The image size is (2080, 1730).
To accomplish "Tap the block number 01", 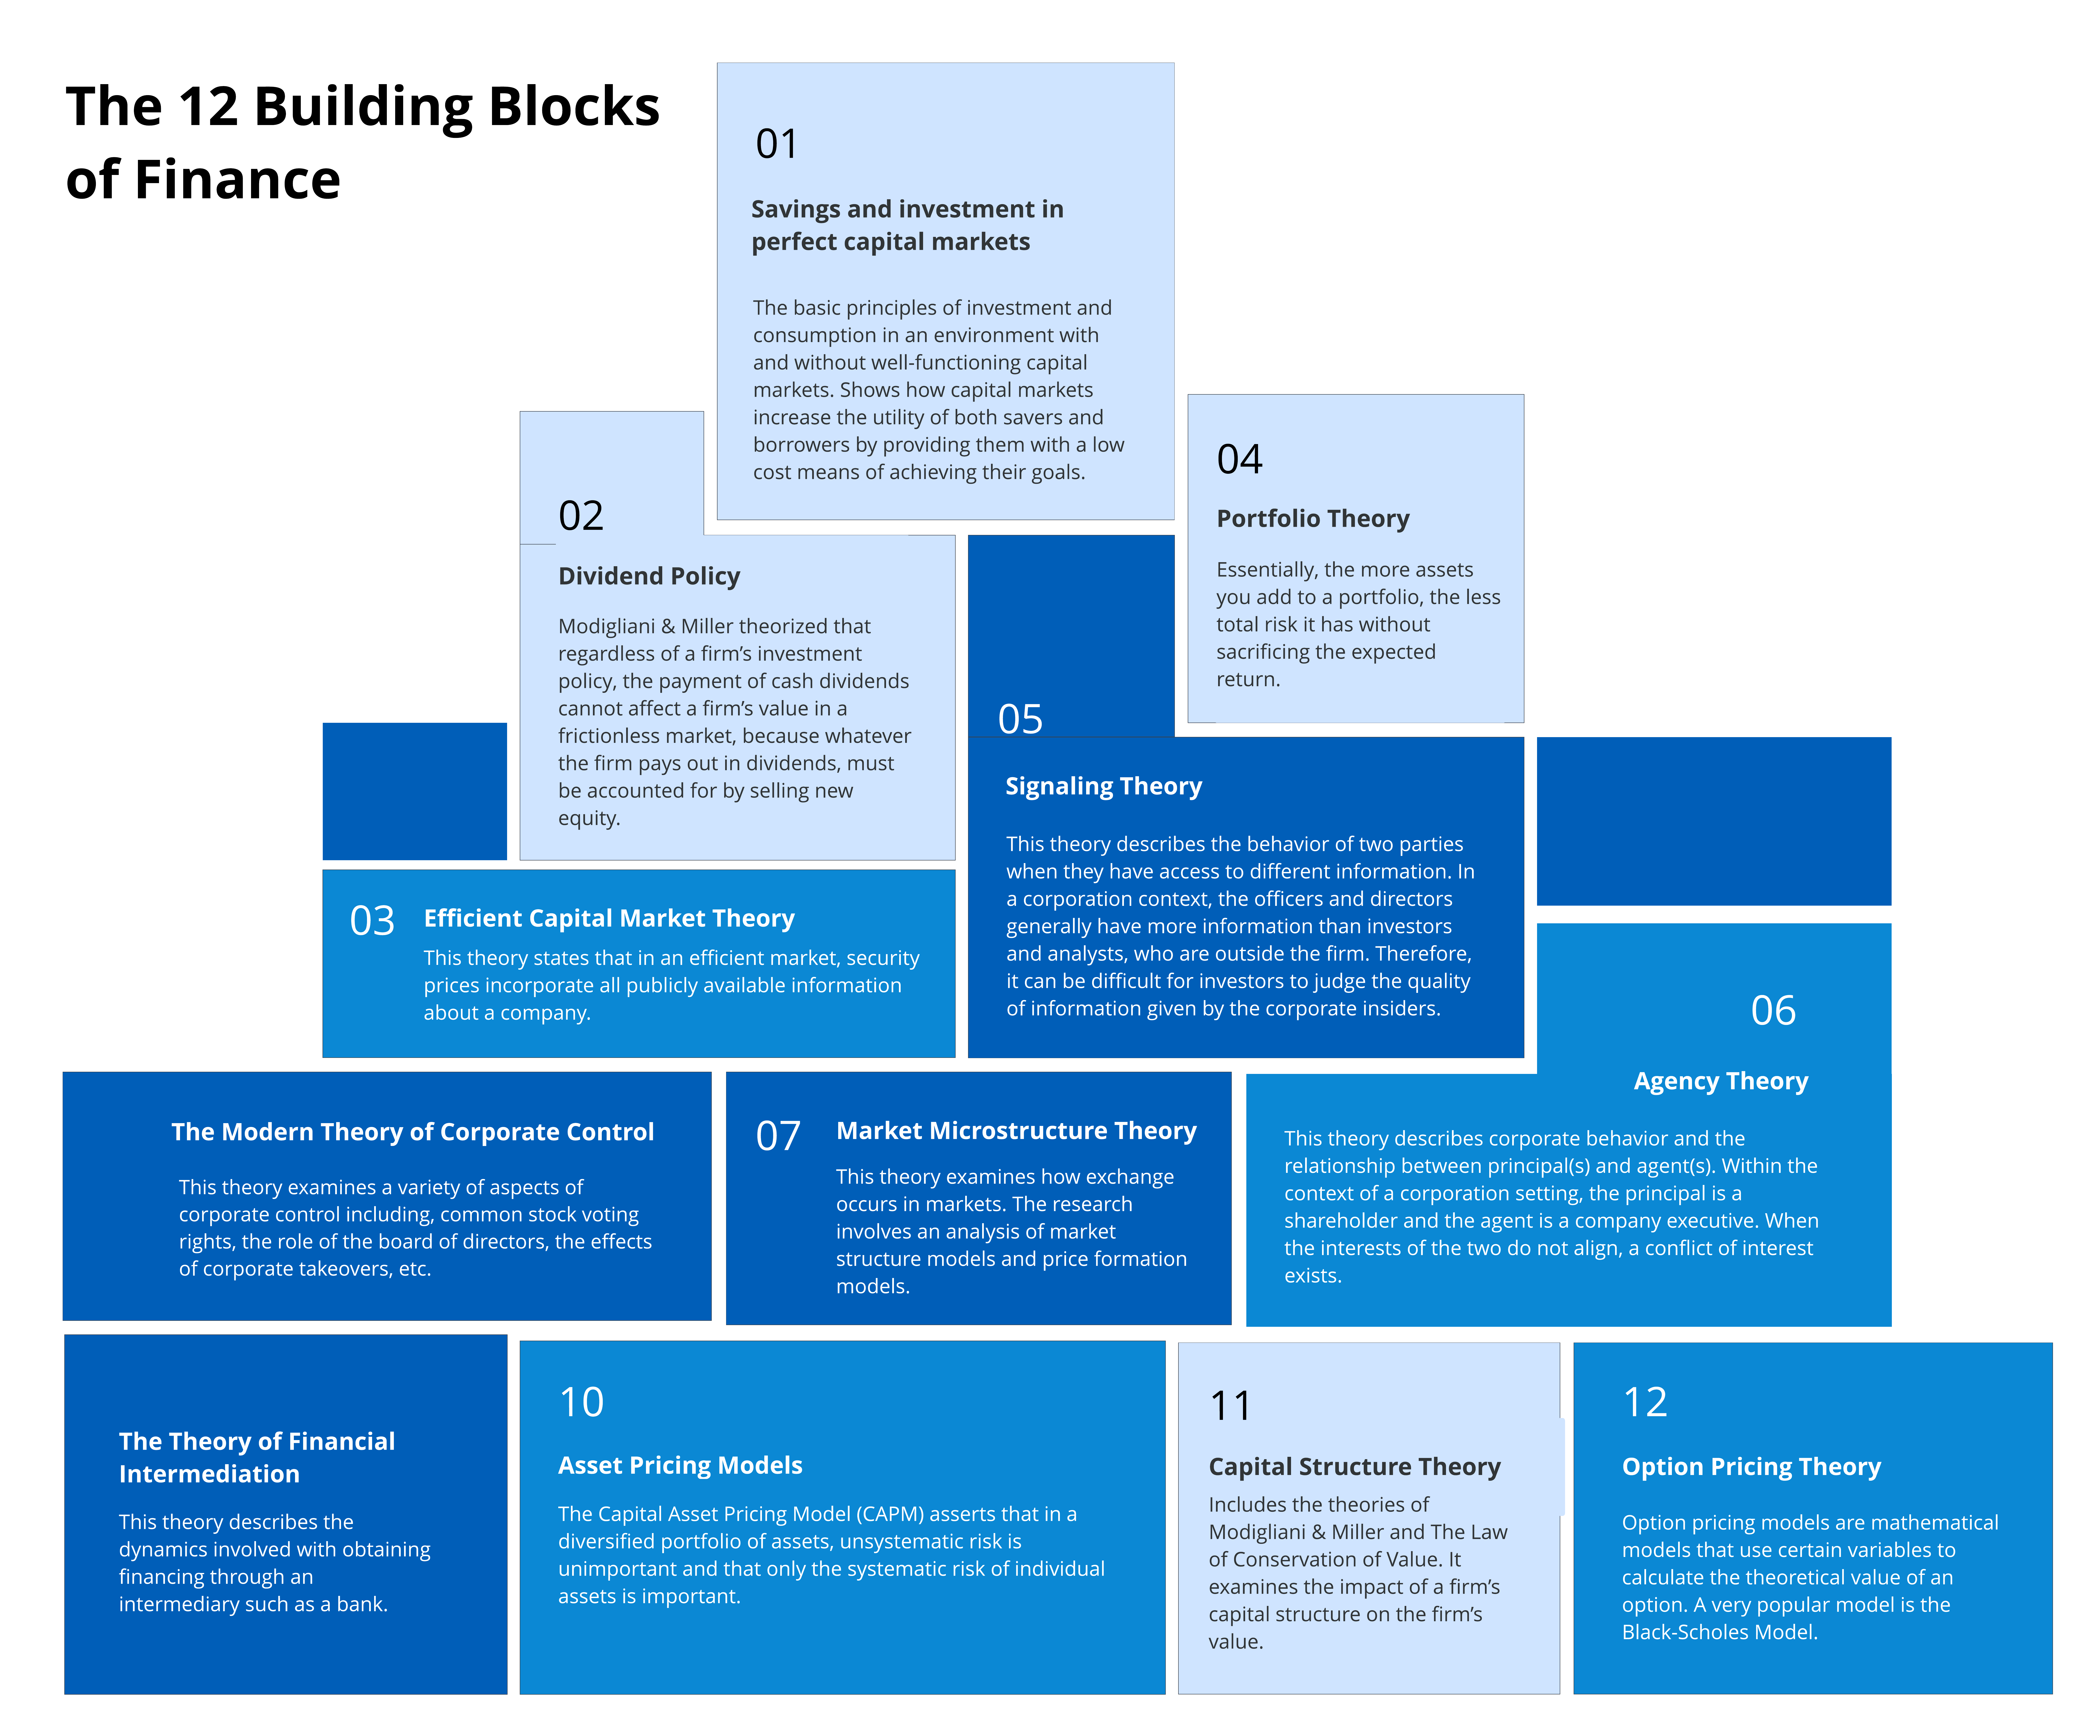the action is (777, 145).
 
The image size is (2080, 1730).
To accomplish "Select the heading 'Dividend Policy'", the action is (649, 576).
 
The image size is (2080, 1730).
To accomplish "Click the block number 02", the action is (580, 516).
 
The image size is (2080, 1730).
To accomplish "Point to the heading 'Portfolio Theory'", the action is (1312, 519).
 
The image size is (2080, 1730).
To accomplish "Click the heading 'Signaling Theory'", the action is (1103, 786).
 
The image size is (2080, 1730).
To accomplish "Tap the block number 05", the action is (1020, 719).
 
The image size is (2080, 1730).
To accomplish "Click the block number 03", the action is (372, 921).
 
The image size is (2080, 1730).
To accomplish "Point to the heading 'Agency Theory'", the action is (1720, 1081).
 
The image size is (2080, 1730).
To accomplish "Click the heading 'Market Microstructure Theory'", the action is (1016, 1131).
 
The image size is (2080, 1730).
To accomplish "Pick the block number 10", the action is (581, 1402).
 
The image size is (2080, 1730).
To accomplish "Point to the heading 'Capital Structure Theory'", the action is (1354, 1467).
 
